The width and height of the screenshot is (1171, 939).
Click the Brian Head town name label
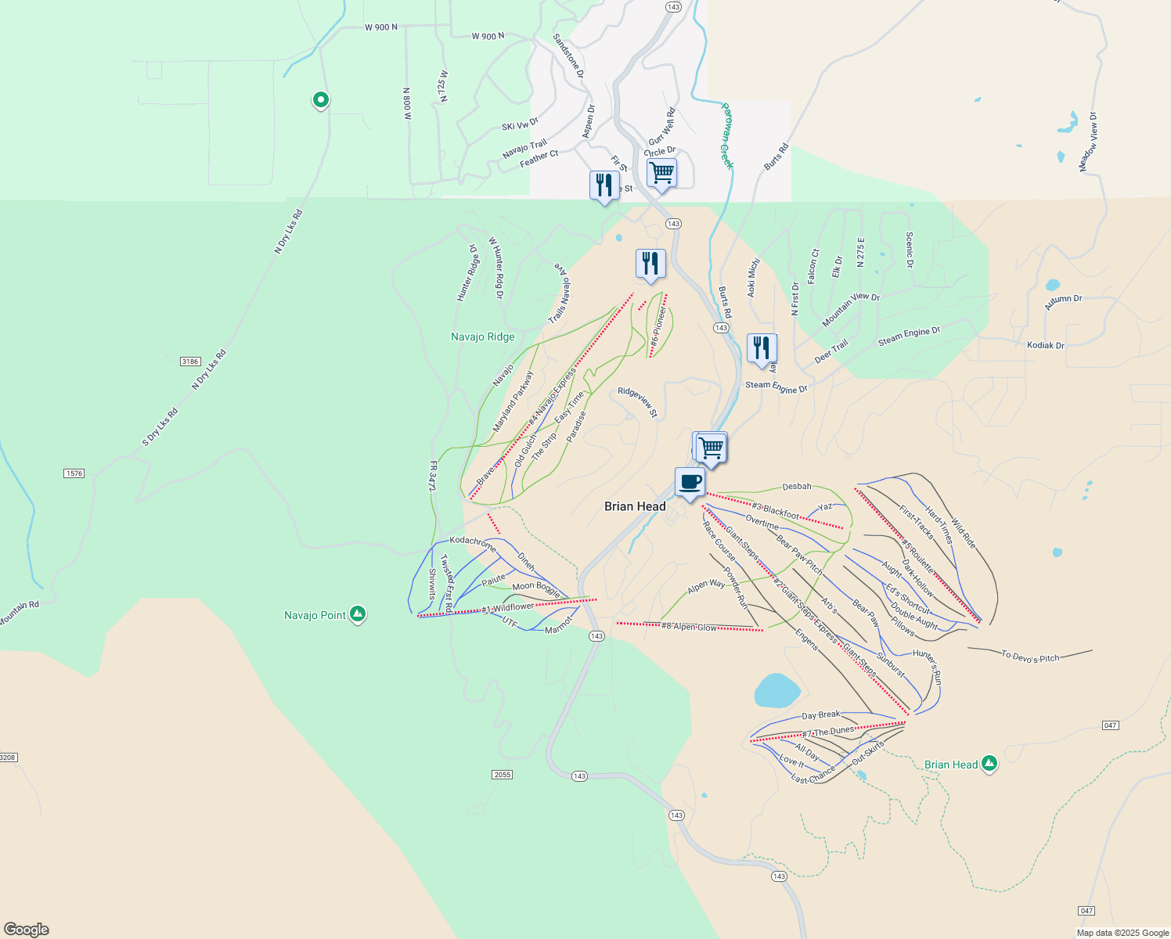tap(635, 506)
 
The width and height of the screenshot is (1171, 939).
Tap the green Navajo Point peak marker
tap(358, 614)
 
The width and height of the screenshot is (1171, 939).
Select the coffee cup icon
tap(690, 482)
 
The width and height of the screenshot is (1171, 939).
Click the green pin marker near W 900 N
tap(320, 100)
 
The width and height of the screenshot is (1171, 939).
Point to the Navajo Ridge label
tap(483, 336)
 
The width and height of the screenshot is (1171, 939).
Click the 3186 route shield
tap(190, 361)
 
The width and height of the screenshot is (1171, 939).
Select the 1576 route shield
tap(74, 473)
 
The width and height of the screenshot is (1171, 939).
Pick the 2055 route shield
tap(502, 775)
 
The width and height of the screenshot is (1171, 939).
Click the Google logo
tap(26, 930)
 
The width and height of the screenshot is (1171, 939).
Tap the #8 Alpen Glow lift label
tap(689, 627)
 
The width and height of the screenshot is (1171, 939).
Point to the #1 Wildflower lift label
tap(508, 608)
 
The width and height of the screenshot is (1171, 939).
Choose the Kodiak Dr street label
tap(1046, 345)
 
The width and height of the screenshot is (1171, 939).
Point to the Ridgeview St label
tap(638, 401)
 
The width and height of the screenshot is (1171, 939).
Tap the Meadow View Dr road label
tap(1089, 142)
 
